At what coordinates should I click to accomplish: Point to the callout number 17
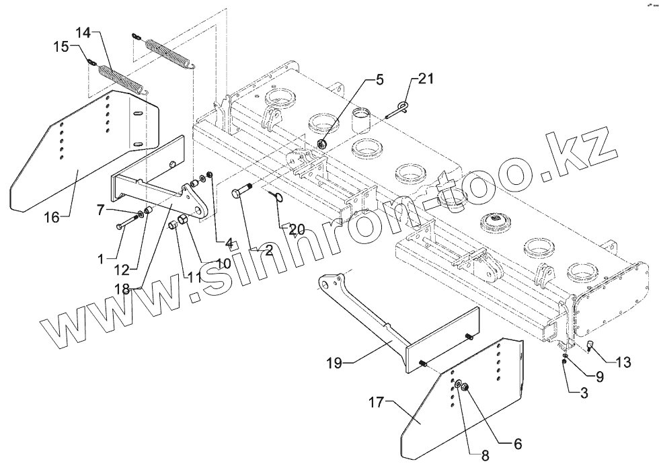(x=376, y=403)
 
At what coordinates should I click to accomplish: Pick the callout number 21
(x=426, y=79)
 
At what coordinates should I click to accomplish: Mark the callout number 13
(x=623, y=363)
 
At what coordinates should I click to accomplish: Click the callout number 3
(x=584, y=394)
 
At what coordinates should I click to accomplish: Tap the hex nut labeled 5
(x=322, y=144)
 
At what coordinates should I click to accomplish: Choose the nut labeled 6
(x=464, y=387)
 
